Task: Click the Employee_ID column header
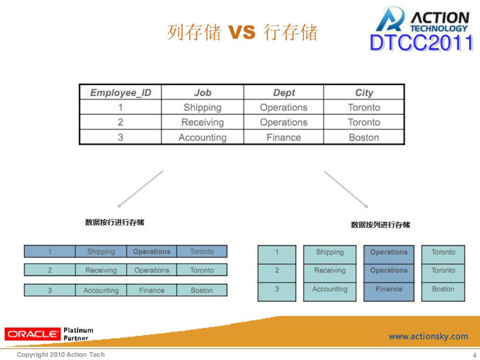pos(120,92)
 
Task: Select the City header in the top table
pos(364,92)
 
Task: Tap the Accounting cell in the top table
pos(202,137)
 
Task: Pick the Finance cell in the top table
pos(284,137)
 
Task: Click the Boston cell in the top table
pos(364,137)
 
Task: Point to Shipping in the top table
pos(202,107)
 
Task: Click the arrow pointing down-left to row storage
pos(140,189)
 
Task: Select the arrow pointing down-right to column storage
pos(346,189)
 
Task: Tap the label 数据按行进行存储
pos(115,222)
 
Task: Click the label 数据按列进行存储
pos(381,225)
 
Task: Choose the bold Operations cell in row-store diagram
pos(151,252)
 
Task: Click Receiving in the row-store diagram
pos(101,270)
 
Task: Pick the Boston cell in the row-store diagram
pos(202,291)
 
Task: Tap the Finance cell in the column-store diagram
pos(389,289)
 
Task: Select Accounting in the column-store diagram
pos(330,289)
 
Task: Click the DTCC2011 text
pos(421,43)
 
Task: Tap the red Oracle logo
pos(32,334)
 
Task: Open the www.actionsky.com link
pos(428,336)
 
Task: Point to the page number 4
pos(474,355)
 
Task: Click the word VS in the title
pos(242,33)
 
